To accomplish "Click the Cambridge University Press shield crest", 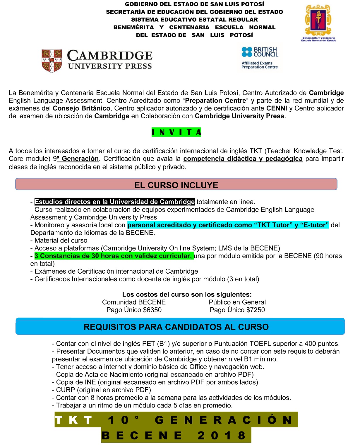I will [52, 61].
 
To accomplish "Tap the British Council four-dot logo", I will [247, 52].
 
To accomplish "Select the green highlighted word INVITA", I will [176, 132].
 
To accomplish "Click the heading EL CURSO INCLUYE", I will [176, 185].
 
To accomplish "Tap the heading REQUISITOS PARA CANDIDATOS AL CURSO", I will [176, 327].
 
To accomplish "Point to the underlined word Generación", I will [80, 159].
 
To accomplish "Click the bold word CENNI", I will [277, 108].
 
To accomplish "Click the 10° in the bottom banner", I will [123, 420].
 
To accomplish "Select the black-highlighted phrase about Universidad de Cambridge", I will [114, 202].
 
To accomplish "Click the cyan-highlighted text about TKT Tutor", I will [228, 225].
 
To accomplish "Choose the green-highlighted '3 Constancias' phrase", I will [113, 256].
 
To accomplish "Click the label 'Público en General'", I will [237, 302].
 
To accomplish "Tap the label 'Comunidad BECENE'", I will [134, 302].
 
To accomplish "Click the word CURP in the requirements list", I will [66, 390].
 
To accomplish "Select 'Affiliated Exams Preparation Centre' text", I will [260, 65].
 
